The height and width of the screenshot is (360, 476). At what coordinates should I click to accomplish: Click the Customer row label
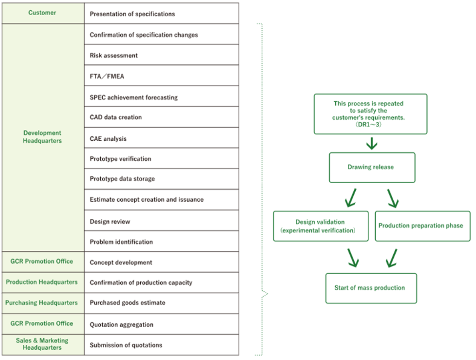pos(42,13)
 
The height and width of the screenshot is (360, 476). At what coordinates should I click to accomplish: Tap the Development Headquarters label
pos(42,137)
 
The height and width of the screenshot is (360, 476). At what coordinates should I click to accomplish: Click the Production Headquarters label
pos(42,282)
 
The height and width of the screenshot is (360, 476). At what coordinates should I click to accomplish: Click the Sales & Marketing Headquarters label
pos(42,344)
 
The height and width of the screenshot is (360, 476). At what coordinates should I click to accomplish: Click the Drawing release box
pos(370,167)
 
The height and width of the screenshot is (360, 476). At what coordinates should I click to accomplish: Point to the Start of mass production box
pos(370,288)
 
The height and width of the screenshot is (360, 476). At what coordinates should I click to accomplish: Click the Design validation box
pos(320,226)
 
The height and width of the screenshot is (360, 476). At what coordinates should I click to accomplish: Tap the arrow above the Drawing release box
pos(372,143)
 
